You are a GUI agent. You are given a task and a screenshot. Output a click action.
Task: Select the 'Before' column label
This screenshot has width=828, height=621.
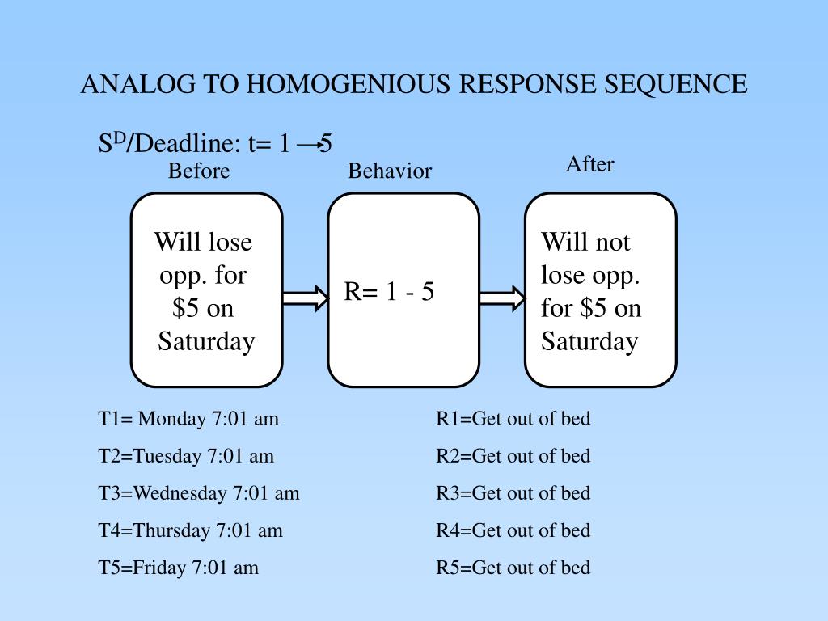[199, 171]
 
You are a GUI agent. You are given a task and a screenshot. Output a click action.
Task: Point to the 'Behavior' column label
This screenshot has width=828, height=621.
[390, 171]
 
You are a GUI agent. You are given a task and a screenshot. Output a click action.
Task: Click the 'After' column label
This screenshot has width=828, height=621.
[589, 164]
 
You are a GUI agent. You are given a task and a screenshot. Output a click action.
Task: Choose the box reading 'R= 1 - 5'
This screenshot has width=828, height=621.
[403, 290]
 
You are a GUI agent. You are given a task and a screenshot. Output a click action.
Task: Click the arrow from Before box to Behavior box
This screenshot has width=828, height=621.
[305, 298]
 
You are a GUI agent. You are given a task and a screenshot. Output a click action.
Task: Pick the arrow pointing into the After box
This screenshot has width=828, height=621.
[502, 298]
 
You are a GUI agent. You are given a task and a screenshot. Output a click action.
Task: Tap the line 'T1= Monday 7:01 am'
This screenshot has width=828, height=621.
[188, 419]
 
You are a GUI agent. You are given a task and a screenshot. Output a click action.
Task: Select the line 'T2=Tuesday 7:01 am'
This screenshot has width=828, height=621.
[186, 456]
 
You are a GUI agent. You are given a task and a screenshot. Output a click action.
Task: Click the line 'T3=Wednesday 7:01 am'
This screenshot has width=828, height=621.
[199, 493]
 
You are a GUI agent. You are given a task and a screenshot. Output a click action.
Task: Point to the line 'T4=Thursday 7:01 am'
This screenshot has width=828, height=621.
[191, 530]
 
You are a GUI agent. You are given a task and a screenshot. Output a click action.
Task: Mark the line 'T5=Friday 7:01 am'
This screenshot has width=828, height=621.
[179, 568]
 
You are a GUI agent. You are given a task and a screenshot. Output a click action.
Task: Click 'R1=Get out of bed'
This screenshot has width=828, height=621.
[513, 419]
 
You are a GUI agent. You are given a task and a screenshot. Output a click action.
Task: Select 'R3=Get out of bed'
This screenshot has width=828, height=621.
[513, 493]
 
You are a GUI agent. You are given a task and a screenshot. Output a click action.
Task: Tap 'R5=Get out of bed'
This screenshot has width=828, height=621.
[513, 568]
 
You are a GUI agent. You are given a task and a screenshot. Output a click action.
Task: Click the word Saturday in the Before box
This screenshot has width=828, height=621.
[206, 341]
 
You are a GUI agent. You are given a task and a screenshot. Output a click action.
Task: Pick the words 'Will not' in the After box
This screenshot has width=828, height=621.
[585, 242]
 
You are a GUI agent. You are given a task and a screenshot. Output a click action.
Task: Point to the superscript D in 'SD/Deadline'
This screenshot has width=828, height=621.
[119, 139]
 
